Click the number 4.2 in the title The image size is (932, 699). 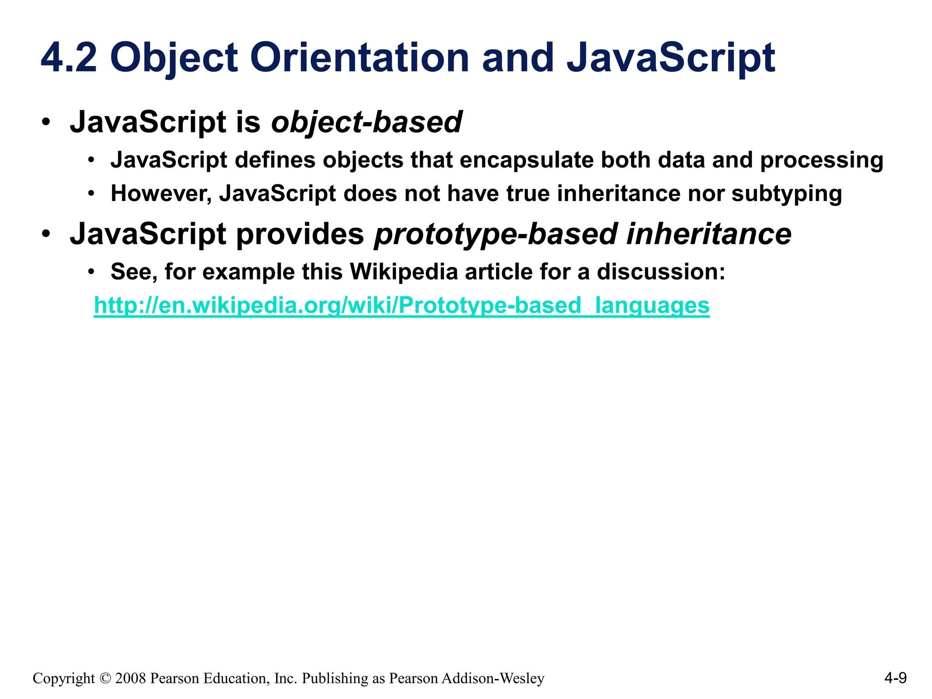pyautogui.click(x=69, y=58)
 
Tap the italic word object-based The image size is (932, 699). pyautogui.click(x=366, y=122)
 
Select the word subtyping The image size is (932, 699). pyautogui.click(x=786, y=194)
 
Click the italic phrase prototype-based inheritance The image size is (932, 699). pyautogui.click(x=582, y=234)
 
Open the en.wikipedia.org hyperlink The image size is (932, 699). pyautogui.click(x=401, y=305)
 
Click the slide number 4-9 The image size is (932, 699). pyautogui.click(x=895, y=678)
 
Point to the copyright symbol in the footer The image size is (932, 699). pyautogui.click(x=105, y=679)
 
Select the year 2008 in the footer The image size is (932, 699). pyautogui.click(x=131, y=679)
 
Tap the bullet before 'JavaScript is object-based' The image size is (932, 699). pyautogui.click(x=46, y=123)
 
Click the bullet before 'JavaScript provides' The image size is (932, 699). pyautogui.click(x=46, y=235)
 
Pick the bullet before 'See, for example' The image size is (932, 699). pyautogui.click(x=91, y=272)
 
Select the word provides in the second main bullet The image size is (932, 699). pyautogui.click(x=300, y=234)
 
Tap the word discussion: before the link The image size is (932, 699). pyautogui.click(x=661, y=272)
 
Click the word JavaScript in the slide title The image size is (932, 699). pyautogui.click(x=670, y=58)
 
